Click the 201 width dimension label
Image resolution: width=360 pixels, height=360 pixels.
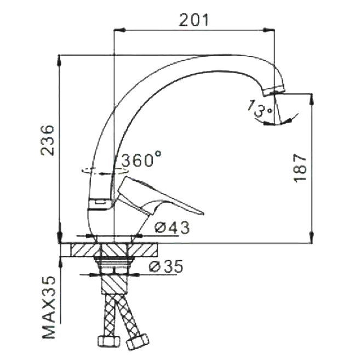[x=194, y=20]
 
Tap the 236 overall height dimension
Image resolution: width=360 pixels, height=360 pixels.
[x=48, y=140]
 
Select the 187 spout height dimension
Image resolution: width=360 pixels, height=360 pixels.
[x=300, y=168]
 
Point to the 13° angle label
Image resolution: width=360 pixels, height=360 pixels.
[x=260, y=108]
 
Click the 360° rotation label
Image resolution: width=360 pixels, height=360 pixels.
[x=141, y=159]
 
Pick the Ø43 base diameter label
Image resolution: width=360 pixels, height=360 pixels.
[x=172, y=228]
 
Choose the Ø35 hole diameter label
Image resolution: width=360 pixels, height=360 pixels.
[x=166, y=266]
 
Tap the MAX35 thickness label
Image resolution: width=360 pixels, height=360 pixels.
[x=49, y=307]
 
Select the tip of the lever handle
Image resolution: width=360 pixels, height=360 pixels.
[x=203, y=214]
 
